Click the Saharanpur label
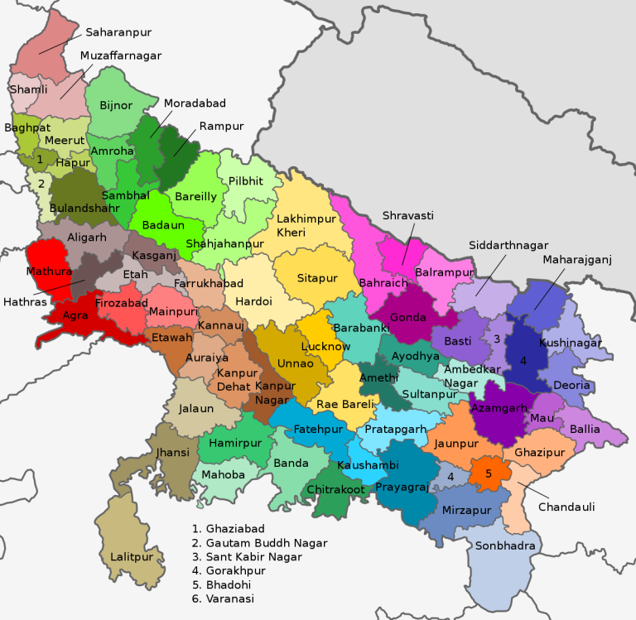tap(118, 33)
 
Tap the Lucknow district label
tap(326, 346)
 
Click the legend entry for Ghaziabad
tap(227, 528)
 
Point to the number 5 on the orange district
tap(488, 473)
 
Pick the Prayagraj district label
tap(402, 488)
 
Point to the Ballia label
tap(585, 430)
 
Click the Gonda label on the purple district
tap(408, 317)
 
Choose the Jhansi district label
tap(172, 453)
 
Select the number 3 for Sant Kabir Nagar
tap(496, 339)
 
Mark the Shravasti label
tap(407, 216)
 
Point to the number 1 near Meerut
tap(39, 159)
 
